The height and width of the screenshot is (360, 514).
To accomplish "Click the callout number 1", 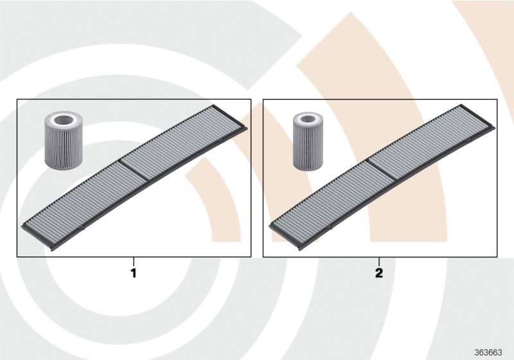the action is pyautogui.click(x=134, y=273).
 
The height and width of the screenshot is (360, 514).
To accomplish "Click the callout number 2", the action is pyautogui.click(x=379, y=273).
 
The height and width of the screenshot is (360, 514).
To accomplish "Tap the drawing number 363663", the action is pyautogui.click(x=488, y=353).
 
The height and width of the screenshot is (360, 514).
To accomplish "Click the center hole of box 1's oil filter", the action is pyautogui.click(x=63, y=120).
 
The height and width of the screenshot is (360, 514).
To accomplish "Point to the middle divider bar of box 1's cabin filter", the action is pyautogui.click(x=134, y=169).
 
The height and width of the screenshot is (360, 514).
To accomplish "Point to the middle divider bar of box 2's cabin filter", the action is pyautogui.click(x=381, y=169).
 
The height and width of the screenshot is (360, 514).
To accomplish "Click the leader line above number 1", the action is pyautogui.click(x=134, y=262).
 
